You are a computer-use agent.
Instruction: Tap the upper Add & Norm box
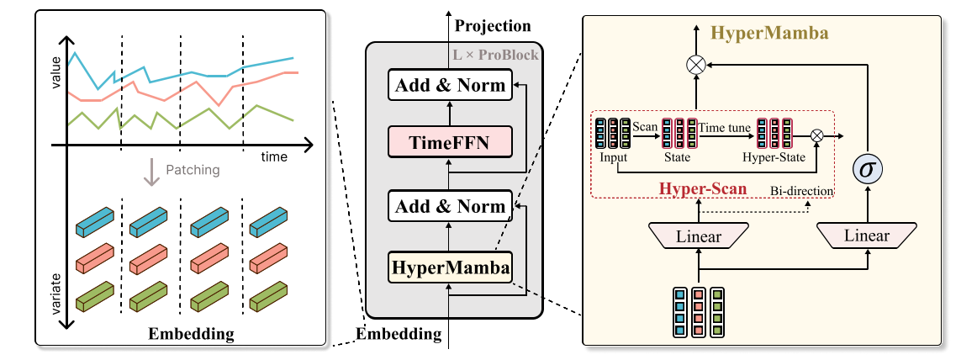450,84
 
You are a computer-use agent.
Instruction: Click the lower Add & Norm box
450,206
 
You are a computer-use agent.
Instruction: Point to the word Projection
493,26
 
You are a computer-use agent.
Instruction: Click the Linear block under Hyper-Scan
698,236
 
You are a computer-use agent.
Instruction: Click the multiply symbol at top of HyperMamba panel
696,63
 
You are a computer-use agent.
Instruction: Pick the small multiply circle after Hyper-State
816,135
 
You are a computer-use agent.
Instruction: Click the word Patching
193,170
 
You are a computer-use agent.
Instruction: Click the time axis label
273,157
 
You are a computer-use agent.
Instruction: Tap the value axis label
56,73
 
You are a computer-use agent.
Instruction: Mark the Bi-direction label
801,192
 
